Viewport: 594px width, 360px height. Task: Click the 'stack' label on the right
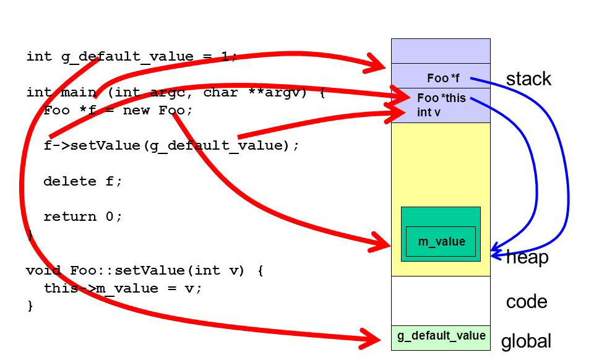pos(528,79)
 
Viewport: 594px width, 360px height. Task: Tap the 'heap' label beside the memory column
pos(528,257)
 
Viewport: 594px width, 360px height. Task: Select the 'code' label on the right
pos(527,302)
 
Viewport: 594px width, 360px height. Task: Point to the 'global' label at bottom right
pos(526,341)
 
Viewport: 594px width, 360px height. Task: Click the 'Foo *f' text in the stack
pos(443,79)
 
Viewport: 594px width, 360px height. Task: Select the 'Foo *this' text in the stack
pos(441,98)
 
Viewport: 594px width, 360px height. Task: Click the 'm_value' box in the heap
pos(441,242)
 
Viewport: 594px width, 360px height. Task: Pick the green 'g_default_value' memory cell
pos(441,336)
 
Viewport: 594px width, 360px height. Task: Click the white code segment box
pos(441,301)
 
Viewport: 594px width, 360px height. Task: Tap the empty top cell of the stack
pos(441,51)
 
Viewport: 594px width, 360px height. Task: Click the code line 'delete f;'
pos(83,181)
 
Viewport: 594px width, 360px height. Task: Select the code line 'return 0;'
pos(83,216)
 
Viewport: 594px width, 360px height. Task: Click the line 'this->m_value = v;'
pos(123,288)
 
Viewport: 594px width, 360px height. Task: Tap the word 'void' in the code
pos(43,271)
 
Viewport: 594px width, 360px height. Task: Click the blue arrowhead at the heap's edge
pos(495,252)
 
